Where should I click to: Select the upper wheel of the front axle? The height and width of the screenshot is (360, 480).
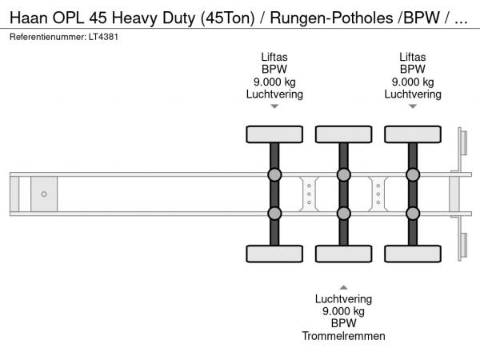pos(274,134)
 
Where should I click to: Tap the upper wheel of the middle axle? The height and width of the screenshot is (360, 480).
pos(343,134)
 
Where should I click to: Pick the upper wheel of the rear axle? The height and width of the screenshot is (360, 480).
pos(412,134)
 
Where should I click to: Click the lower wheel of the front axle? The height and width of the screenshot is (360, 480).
pos(274,254)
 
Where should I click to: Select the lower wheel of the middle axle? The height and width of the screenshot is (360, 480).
pos(343,254)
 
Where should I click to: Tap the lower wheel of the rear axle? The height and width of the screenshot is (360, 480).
pos(412,254)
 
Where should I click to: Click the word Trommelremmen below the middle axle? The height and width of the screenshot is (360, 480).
pos(344,336)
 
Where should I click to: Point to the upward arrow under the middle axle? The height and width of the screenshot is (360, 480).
pos(343,286)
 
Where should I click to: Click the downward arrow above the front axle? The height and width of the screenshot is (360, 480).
pos(274,106)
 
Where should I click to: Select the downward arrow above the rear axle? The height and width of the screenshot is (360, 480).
pos(412,106)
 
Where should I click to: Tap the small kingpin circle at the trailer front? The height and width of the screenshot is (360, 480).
pos(44,194)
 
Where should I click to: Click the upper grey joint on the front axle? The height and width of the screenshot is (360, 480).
pos(274,175)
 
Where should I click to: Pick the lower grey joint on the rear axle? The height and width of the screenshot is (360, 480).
pos(412,213)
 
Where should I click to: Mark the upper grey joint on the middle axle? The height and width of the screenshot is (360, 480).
pos(343,175)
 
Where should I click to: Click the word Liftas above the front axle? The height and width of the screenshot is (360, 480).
pos(274,56)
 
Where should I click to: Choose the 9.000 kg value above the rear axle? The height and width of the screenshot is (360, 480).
pos(412,82)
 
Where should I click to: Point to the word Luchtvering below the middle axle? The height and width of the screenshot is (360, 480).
pos(344,298)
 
